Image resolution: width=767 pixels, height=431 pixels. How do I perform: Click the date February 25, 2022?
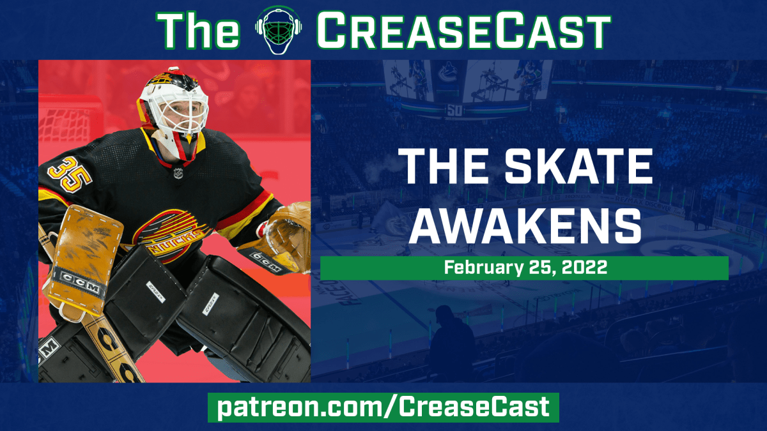[x=524, y=268]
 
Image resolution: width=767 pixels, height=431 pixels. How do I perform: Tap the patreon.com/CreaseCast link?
[x=383, y=407]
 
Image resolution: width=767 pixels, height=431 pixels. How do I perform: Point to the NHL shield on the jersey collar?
[x=177, y=172]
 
